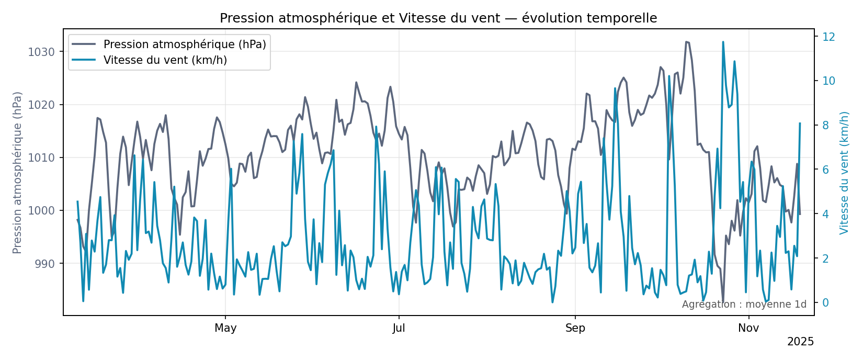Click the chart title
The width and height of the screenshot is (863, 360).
[x=438, y=18]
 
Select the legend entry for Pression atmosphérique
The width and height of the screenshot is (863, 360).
[x=185, y=44]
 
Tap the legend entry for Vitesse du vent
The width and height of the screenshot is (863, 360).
[x=165, y=60]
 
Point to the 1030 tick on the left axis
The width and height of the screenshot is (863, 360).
[x=41, y=52]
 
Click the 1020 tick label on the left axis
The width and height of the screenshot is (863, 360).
[x=41, y=105]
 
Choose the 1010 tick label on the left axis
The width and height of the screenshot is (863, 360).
[x=41, y=158]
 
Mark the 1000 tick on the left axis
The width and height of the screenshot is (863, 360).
[x=41, y=211]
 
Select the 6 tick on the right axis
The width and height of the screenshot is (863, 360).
[x=825, y=170]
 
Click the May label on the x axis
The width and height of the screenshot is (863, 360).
[x=225, y=329]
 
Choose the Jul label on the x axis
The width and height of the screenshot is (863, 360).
[x=399, y=329]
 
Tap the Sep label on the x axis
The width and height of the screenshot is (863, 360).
[x=575, y=329]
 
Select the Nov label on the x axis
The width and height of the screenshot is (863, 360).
[x=748, y=329]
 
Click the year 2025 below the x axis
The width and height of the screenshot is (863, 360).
[x=800, y=342]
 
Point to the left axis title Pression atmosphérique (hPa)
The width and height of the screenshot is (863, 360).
[x=18, y=173]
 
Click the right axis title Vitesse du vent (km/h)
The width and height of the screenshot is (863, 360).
[x=844, y=173]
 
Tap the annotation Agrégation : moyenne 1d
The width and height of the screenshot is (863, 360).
[x=744, y=305]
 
